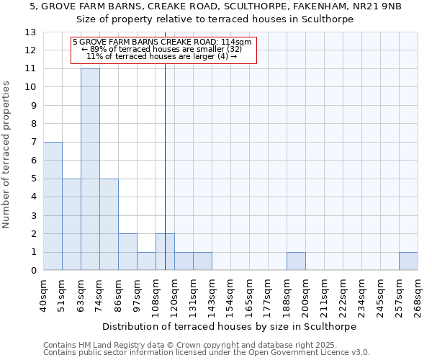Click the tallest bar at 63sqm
point(90,169)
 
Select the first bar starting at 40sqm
point(53,206)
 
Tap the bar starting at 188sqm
point(296,261)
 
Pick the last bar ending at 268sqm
point(408,261)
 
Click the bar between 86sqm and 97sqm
point(127,252)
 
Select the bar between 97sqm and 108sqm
point(146,261)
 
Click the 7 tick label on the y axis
point(33,143)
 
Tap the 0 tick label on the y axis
point(33,271)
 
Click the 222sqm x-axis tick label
point(343,295)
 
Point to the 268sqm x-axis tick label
point(418,295)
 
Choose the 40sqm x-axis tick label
point(44,295)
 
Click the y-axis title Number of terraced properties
point(7,155)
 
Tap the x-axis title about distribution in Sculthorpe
point(230,326)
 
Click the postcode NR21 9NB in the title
point(375,6)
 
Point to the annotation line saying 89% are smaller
point(163,50)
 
